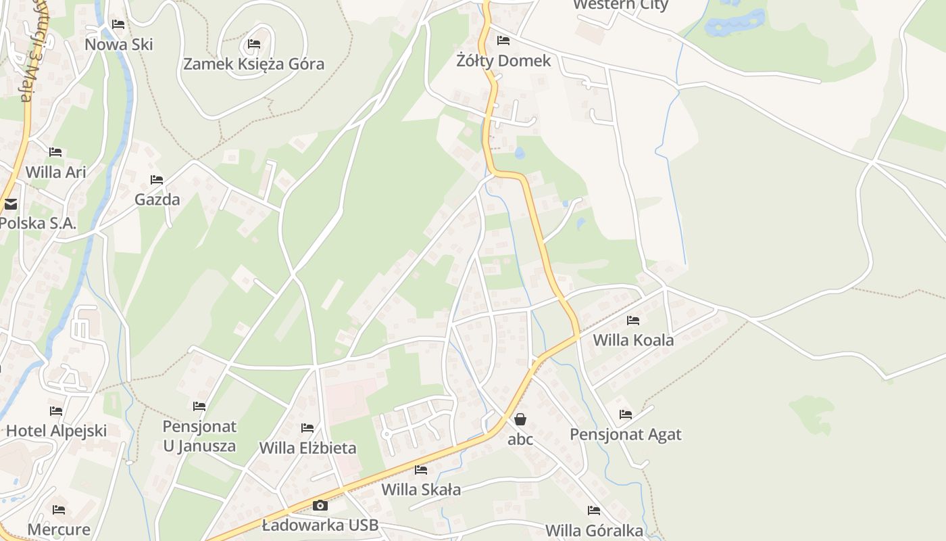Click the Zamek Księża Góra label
pyautogui.click(x=254, y=64)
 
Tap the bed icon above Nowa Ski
pyautogui.click(x=118, y=24)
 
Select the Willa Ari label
pyautogui.click(x=56, y=172)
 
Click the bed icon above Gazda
pyautogui.click(x=157, y=180)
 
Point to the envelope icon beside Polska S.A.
pyautogui.click(x=10, y=204)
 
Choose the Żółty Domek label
pyautogui.click(x=503, y=61)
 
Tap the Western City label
pyautogui.click(x=620, y=5)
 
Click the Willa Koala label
pyautogui.click(x=633, y=339)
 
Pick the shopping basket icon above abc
pyautogui.click(x=520, y=419)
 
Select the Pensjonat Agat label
pyautogui.click(x=626, y=434)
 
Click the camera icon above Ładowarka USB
pyautogui.click(x=320, y=505)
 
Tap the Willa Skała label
pyautogui.click(x=421, y=489)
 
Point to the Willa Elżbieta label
pyautogui.click(x=307, y=448)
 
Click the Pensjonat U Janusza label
pyautogui.click(x=199, y=436)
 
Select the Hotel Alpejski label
pyautogui.click(x=57, y=431)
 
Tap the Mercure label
pyautogui.click(x=59, y=529)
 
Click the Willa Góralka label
pyautogui.click(x=594, y=530)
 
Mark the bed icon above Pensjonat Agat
pyautogui.click(x=626, y=415)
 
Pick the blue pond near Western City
pyautogui.click(x=735, y=24)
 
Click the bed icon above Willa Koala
pyautogui.click(x=633, y=320)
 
